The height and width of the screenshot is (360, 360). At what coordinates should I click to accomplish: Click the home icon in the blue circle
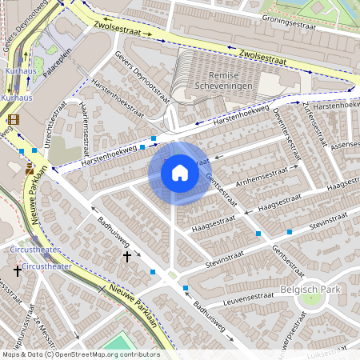tap(179, 173)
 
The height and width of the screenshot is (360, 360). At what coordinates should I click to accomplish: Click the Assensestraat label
tap(345, 146)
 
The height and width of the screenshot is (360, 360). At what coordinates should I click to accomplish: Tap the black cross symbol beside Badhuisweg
tap(126, 256)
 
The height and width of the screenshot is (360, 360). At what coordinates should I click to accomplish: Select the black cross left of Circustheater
tap(17, 271)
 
